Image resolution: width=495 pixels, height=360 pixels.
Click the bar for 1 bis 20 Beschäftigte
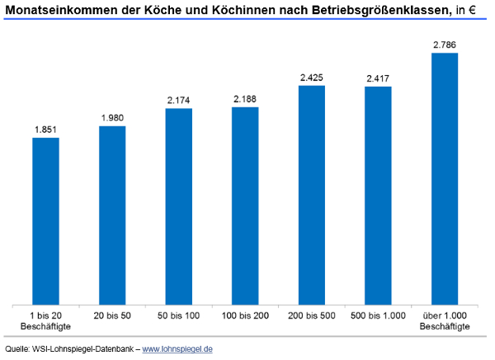point(45,221)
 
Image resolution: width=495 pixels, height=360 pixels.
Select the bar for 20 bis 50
point(112,216)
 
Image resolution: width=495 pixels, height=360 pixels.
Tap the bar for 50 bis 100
point(179,206)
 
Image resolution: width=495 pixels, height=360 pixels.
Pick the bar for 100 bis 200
point(245,206)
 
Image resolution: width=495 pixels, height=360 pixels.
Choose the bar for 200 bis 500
point(312,195)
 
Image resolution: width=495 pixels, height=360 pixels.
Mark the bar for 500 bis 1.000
point(378,196)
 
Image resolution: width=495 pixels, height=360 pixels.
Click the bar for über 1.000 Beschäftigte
point(445,179)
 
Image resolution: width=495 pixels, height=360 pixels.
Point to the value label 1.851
point(45,130)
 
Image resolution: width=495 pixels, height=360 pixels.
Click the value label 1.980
point(112,118)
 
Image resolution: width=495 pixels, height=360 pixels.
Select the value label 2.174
point(179,101)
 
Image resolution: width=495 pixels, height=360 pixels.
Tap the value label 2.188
point(245,99)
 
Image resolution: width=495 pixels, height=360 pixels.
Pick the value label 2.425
point(312,78)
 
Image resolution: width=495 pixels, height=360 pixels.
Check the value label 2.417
point(378,78)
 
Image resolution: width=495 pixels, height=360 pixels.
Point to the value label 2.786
point(445,45)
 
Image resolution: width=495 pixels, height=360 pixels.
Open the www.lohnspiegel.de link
point(178,349)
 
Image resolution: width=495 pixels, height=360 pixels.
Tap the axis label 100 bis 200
point(245,316)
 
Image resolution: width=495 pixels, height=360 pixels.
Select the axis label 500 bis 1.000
point(378,316)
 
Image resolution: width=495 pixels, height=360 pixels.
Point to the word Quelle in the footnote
point(17,349)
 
